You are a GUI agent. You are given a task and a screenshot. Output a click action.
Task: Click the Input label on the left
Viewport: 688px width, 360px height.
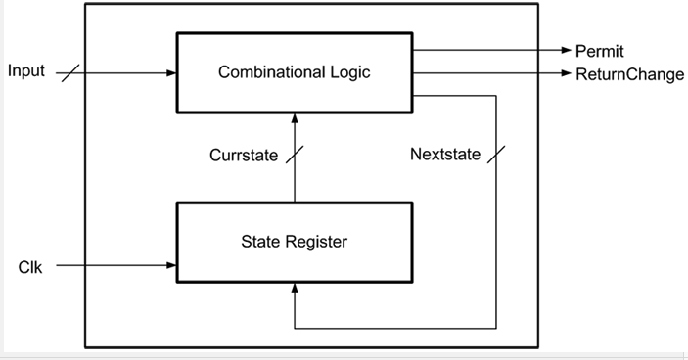pyautogui.click(x=26, y=71)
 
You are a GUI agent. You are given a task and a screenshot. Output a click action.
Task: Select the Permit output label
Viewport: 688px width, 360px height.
pyautogui.click(x=599, y=51)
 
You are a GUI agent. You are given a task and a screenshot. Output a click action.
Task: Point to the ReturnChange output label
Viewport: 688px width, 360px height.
pyautogui.click(x=629, y=74)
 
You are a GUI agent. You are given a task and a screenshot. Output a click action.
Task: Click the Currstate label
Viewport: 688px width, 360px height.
pyautogui.click(x=244, y=155)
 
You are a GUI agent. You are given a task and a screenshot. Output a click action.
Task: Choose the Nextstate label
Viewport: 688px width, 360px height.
pyautogui.click(x=445, y=155)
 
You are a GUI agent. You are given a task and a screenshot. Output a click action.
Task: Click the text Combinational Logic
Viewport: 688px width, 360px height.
pyautogui.click(x=294, y=72)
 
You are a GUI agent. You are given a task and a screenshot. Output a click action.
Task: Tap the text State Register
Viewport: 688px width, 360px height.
pyautogui.click(x=294, y=240)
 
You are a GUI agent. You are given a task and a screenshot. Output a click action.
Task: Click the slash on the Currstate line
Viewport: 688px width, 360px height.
pyautogui.click(x=295, y=155)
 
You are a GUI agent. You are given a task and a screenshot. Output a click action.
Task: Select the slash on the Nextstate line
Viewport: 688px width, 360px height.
pyautogui.click(x=496, y=155)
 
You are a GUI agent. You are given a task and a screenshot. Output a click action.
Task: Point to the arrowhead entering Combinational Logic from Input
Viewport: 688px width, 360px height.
pyautogui.click(x=170, y=72)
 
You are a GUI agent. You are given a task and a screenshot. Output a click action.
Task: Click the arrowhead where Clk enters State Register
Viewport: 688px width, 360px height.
pyautogui.click(x=170, y=265)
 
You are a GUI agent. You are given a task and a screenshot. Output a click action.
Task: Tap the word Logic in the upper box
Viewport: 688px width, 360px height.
pyautogui.click(x=350, y=72)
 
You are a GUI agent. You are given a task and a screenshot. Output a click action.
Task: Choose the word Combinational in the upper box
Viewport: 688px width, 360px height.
pyautogui.click(x=273, y=72)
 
